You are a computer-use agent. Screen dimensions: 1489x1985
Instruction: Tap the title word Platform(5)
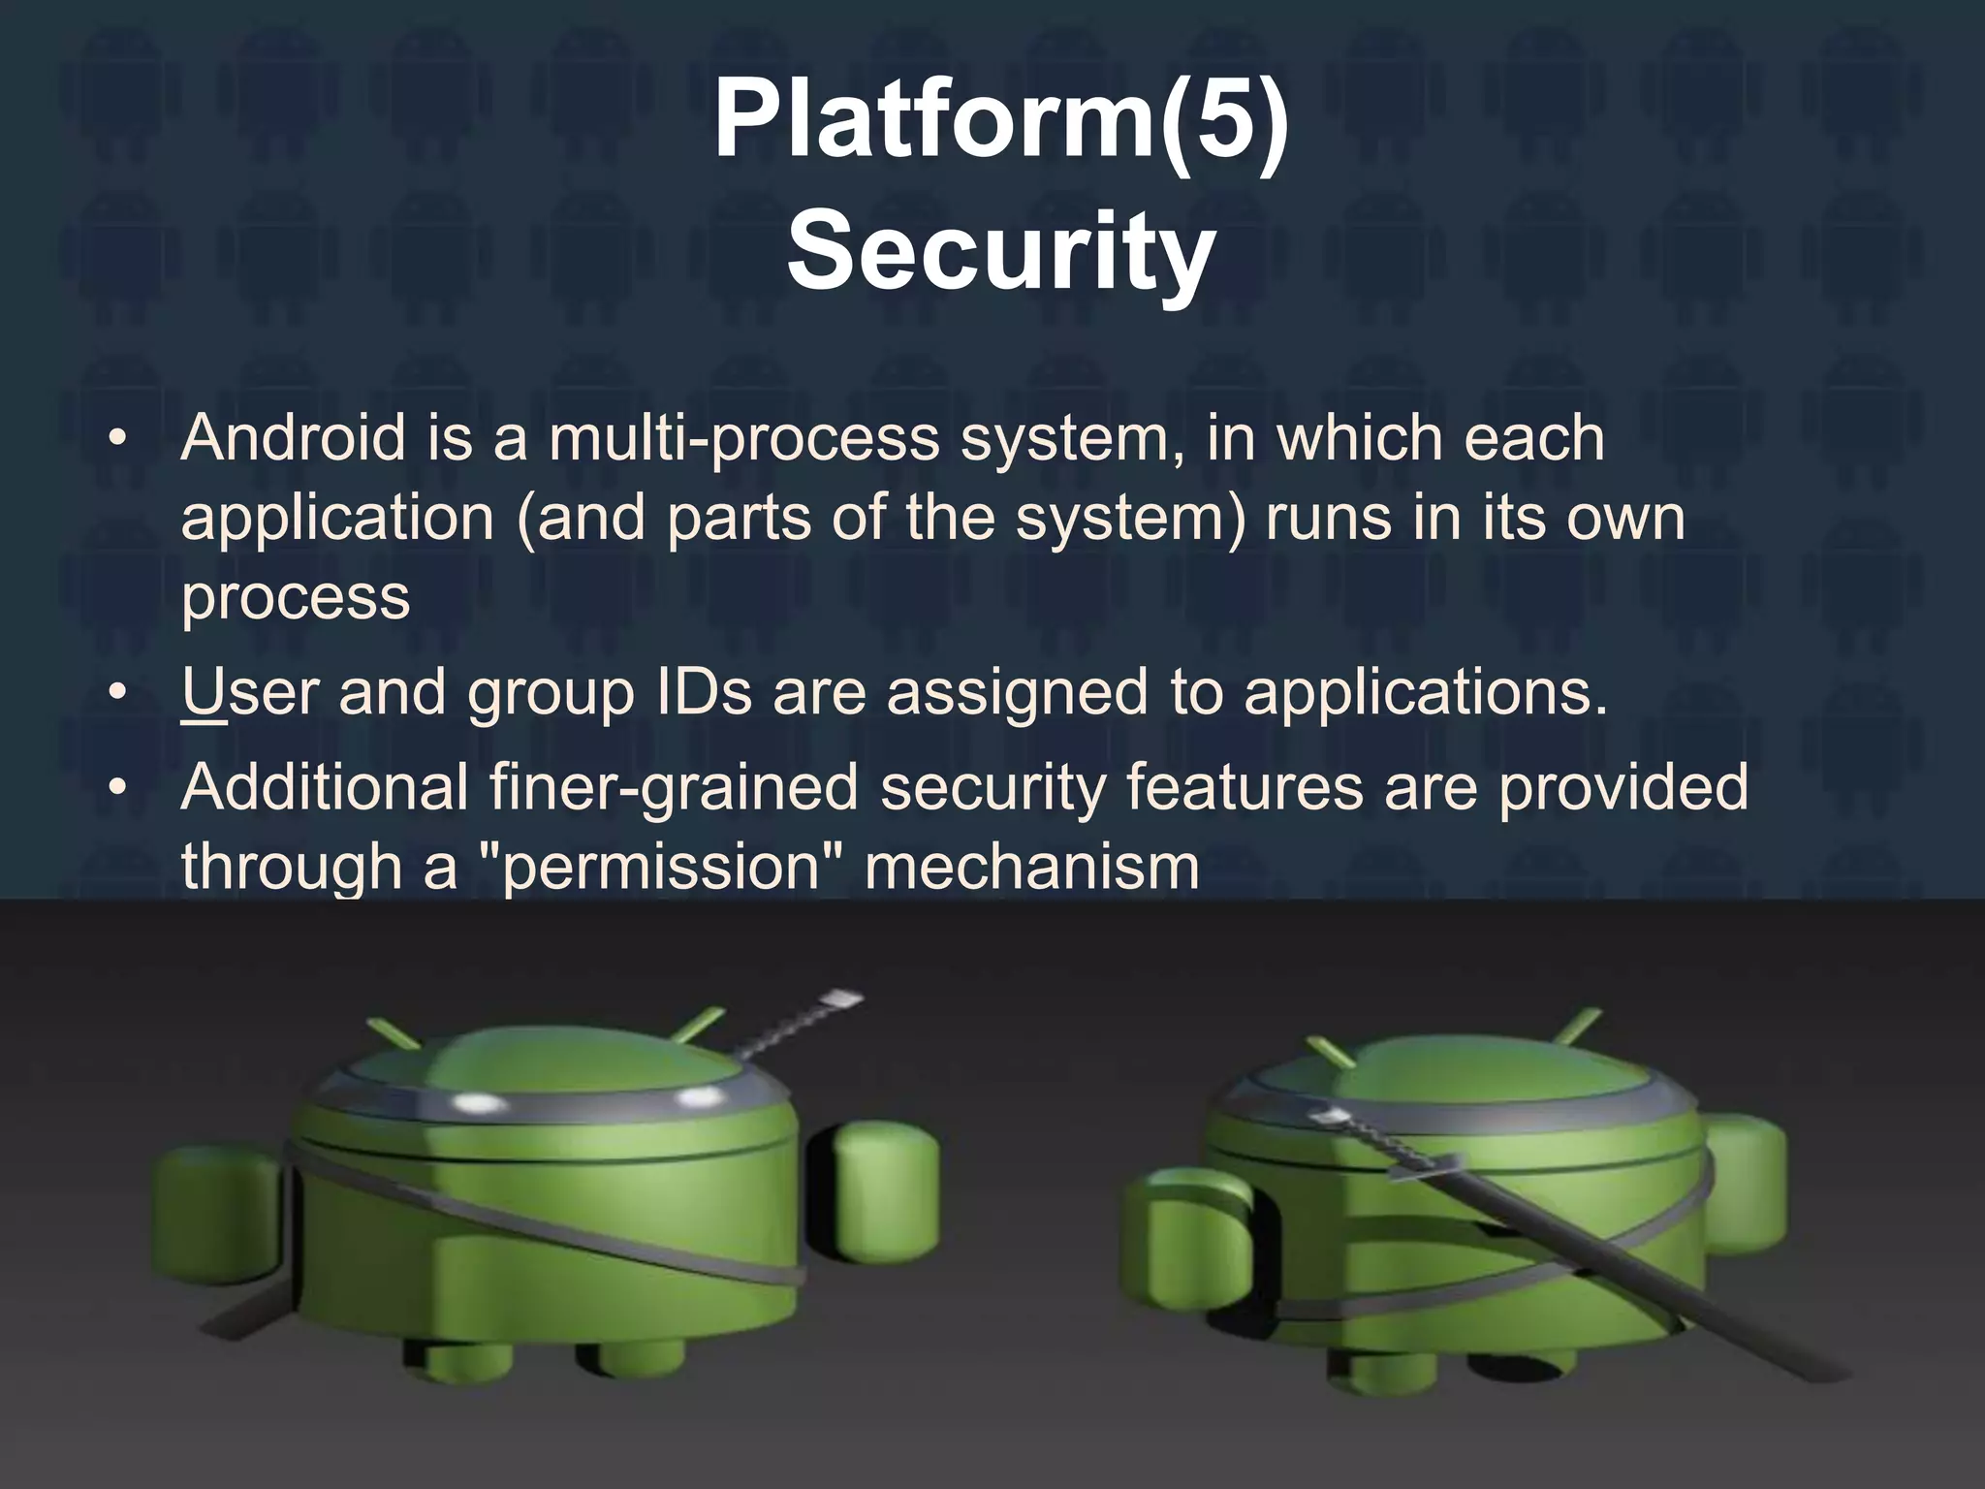[x=1000, y=121]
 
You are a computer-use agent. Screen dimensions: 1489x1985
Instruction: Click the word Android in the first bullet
[x=294, y=438]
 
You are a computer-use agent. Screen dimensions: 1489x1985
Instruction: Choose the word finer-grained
[x=675, y=787]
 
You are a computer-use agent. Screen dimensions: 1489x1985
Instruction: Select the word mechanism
[x=1031, y=866]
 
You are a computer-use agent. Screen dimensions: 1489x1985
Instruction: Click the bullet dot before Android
[x=117, y=438]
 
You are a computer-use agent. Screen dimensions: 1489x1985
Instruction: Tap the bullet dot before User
[x=117, y=692]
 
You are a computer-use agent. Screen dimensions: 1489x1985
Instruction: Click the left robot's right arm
[x=884, y=1198]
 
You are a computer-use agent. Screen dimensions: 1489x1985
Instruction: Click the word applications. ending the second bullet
[x=1425, y=692]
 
